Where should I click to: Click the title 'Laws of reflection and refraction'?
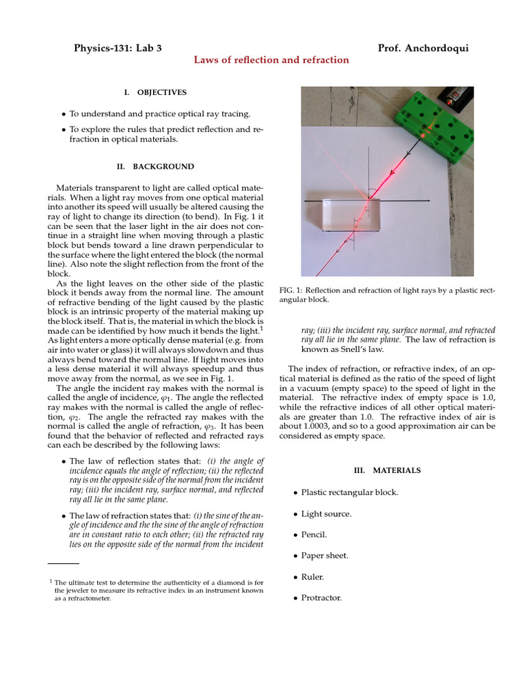coord(271,60)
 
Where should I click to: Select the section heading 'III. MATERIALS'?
coord(387,470)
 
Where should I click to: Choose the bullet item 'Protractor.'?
coord(321,598)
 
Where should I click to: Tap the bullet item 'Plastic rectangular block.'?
coord(349,492)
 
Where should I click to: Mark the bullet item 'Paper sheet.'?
coord(325,556)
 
